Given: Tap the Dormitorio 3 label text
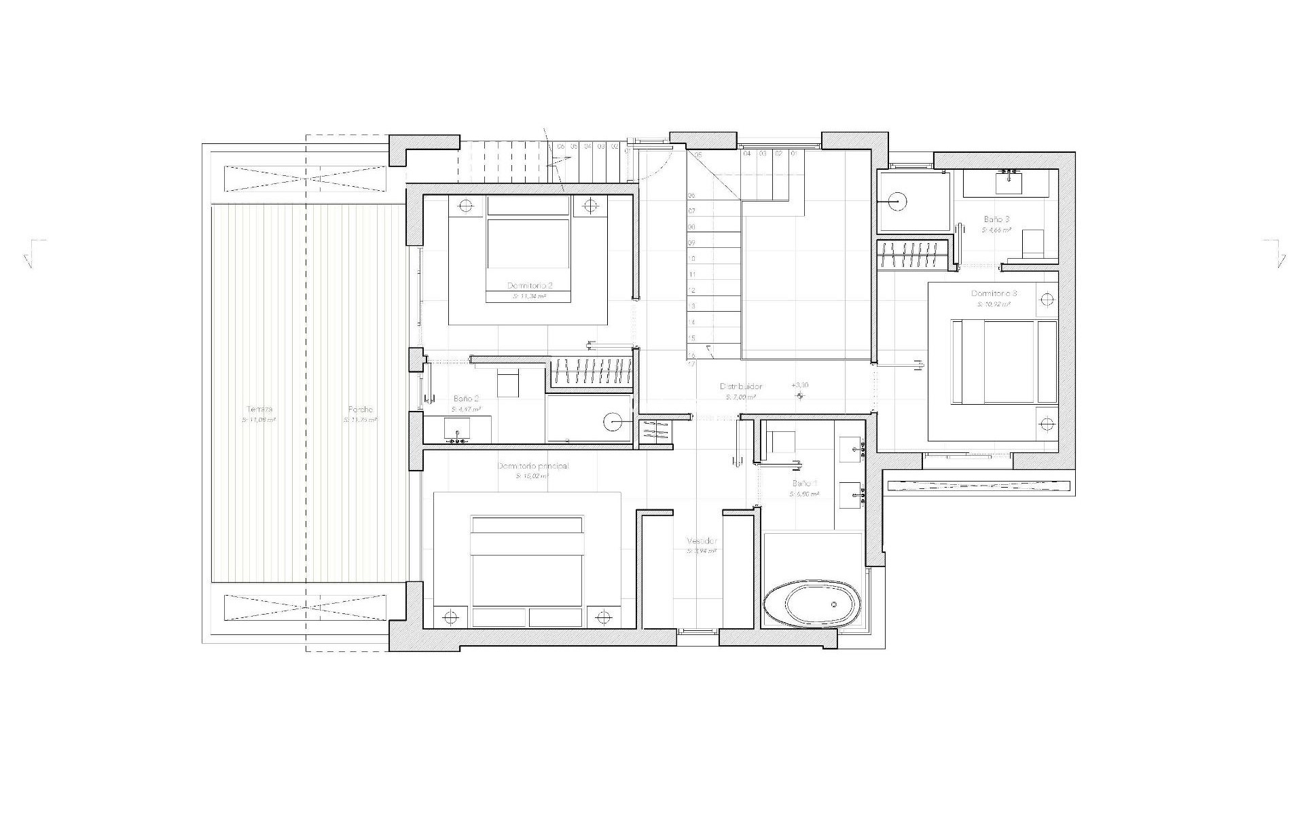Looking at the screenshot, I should click(x=994, y=293).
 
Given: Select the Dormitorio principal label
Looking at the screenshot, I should click(x=533, y=467).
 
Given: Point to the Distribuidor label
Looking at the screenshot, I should click(x=741, y=386).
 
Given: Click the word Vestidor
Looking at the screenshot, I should click(x=702, y=541).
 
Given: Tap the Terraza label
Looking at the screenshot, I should click(x=259, y=410).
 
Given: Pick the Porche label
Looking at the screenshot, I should click(x=360, y=410).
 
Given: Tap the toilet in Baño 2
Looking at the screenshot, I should click(x=507, y=384).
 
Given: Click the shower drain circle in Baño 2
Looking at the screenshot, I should click(x=613, y=422).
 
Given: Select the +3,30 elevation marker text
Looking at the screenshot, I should click(x=800, y=385).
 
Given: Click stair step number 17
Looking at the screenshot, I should click(x=691, y=364).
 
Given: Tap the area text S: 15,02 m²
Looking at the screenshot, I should click(x=532, y=477).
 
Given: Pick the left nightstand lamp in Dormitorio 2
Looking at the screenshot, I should click(x=466, y=204).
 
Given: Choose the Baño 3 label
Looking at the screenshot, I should click(x=996, y=219).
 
